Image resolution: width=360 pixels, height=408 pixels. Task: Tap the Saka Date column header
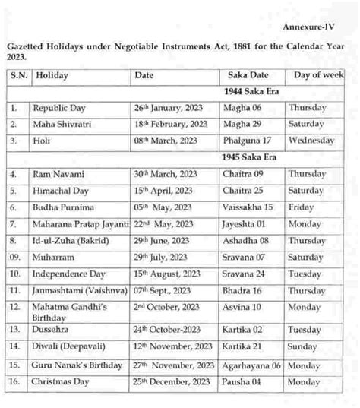tap(247, 76)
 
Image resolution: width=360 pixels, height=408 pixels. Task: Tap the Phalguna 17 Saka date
tap(248, 141)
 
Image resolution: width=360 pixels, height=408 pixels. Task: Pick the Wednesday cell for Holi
tap(311, 141)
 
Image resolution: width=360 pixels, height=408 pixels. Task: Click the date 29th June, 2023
tap(162, 242)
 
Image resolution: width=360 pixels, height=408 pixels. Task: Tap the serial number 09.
tap(15, 258)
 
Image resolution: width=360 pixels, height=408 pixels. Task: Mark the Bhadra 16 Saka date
tap(244, 291)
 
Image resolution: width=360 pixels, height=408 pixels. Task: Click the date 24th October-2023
tap(169, 330)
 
